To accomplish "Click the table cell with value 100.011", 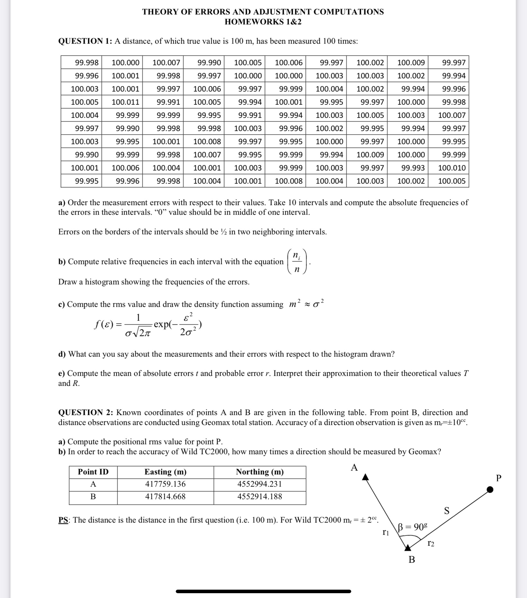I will (x=125, y=102).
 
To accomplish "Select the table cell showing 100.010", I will (x=451, y=168).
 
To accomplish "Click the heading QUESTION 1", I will (x=85, y=41).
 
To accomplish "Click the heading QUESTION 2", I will (x=85, y=412).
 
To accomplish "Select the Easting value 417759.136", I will (x=165, y=484).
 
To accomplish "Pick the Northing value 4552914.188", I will (x=259, y=497).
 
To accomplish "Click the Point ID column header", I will (x=93, y=472).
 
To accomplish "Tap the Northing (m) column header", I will (x=260, y=472).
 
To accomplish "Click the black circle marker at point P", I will (x=490, y=490).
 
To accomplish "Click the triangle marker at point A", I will (x=365, y=477).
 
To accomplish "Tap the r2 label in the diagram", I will (x=431, y=543).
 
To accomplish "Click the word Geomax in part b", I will (x=423, y=452).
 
